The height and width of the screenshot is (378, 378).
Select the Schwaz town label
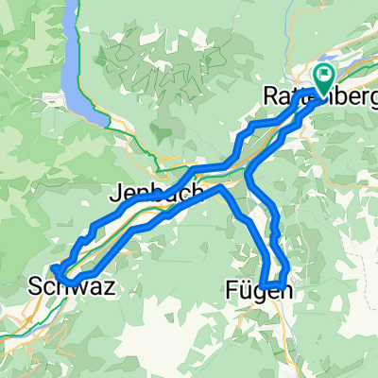pyautogui.click(x=73, y=287)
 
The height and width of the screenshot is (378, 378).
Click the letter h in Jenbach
pyautogui.click(x=198, y=192)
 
